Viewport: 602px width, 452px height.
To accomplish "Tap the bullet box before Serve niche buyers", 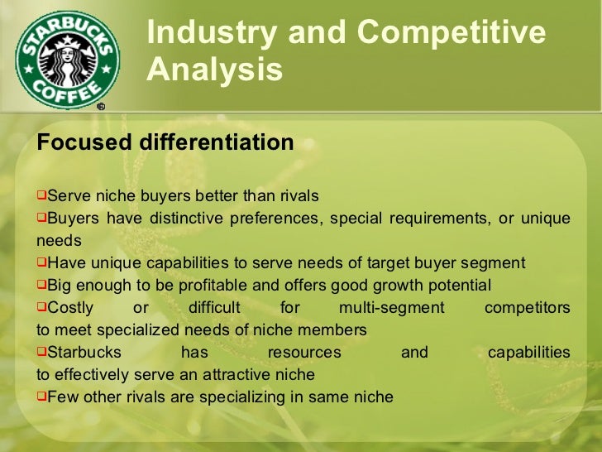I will tap(41, 196).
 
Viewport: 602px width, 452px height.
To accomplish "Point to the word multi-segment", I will tap(392, 308).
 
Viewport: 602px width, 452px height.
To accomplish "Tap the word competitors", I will tap(527, 308).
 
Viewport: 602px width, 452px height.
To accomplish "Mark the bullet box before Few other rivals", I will tap(41, 397).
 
